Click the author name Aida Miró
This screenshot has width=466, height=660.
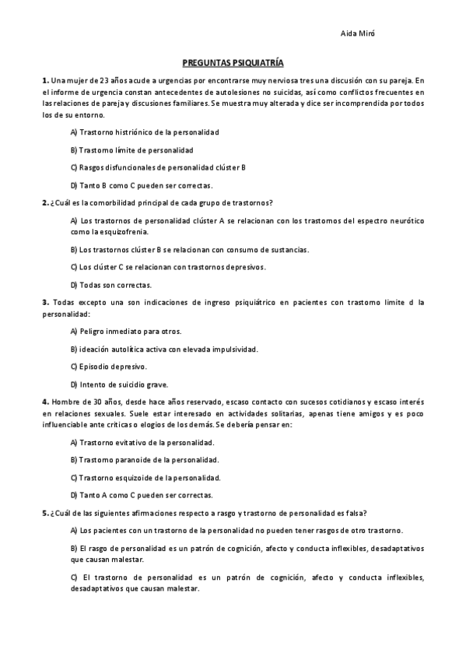pos(359,33)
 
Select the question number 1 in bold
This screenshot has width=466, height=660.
pos(45,80)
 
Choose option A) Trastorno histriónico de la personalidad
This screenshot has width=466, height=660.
pos(145,132)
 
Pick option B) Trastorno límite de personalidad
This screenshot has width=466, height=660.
pos(131,150)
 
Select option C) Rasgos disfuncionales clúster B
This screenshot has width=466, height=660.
pos(158,167)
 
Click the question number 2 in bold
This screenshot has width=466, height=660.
pos(45,202)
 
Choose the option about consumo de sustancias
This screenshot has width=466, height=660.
pos(189,250)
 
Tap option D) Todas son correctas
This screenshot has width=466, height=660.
pos(110,285)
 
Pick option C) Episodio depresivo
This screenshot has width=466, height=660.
pos(108,367)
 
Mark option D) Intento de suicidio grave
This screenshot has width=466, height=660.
pos(119,384)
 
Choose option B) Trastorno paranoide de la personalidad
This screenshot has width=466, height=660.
pos(144,460)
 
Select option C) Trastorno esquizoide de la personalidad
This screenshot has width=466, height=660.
pos(145,478)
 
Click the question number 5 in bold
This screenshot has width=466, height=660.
pos(45,513)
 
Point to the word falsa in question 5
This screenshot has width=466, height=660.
pos(355,513)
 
